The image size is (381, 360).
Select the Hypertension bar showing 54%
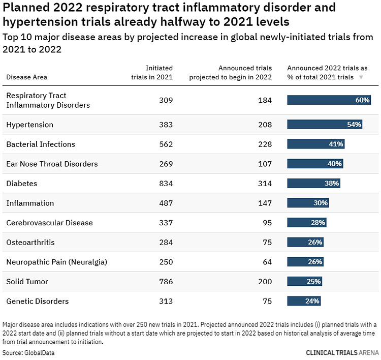click(325, 125)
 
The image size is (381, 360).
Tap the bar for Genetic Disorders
click(304, 301)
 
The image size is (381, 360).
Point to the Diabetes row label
click(22, 184)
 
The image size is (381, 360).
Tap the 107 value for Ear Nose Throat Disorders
click(265, 164)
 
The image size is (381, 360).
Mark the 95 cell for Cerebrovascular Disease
click(267, 223)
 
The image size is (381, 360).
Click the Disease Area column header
click(26, 77)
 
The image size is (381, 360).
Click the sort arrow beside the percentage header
click(361, 77)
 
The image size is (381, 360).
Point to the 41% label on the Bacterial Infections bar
click(336, 144)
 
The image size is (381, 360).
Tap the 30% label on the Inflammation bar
click(321, 203)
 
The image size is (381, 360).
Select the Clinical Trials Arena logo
click(342, 352)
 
